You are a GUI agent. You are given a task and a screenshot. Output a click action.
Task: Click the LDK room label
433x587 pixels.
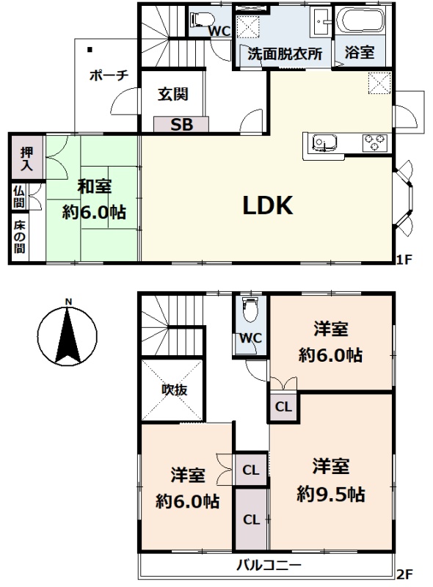(268, 205)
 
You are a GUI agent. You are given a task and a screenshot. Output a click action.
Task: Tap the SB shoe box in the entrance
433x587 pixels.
(181, 124)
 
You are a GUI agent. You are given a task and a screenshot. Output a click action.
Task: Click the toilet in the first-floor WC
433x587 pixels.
(202, 18)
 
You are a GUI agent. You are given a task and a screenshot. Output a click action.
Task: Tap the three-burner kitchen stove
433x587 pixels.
(374, 142)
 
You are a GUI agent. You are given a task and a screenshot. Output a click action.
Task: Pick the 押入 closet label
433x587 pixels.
(26, 158)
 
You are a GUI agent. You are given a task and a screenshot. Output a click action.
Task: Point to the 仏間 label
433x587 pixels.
(19, 197)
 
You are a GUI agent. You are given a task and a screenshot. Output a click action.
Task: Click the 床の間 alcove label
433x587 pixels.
(20, 236)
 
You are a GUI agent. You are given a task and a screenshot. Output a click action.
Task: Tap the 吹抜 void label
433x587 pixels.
(174, 390)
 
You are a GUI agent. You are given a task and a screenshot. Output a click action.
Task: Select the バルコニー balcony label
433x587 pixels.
(268, 565)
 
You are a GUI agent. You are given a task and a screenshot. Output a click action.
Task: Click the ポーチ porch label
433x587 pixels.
(109, 76)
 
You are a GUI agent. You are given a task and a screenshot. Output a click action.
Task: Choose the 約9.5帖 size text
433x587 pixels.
(331, 495)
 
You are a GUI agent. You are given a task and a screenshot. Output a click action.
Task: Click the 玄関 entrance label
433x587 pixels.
(172, 94)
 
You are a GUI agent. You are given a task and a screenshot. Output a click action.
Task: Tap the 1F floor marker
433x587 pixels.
(404, 259)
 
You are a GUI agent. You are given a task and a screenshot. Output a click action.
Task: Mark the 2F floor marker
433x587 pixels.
(404, 574)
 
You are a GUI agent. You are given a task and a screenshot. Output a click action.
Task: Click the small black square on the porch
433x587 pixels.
(90, 49)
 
